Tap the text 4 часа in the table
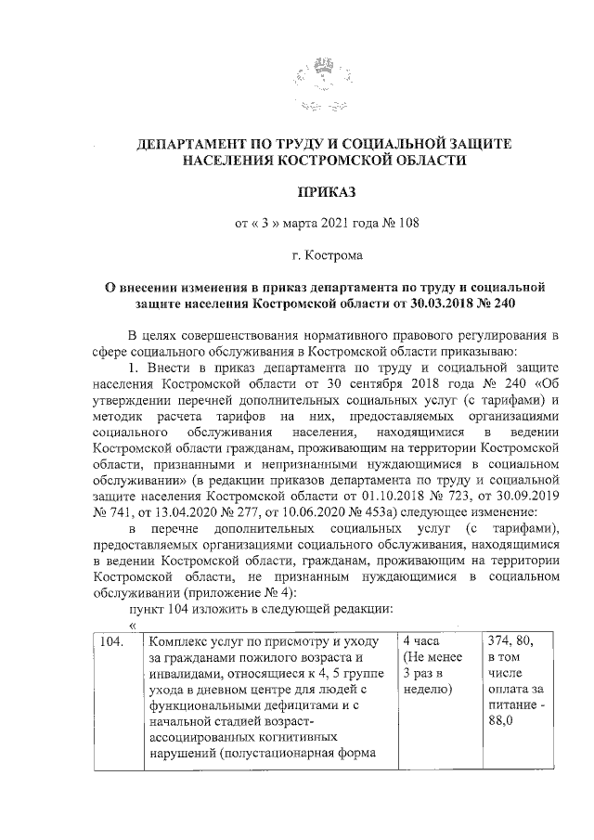pos(422,642)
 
